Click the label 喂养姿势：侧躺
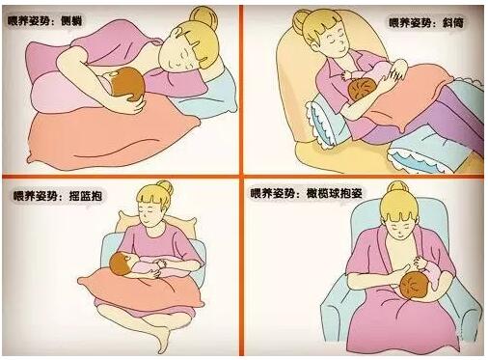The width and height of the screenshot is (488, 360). pyautogui.click(x=44, y=21)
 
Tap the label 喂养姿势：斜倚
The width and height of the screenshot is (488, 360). pyautogui.click(x=426, y=23)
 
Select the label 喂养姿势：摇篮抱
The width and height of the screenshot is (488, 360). pyautogui.click(x=58, y=196)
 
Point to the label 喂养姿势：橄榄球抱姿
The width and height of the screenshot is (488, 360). pyautogui.click(x=307, y=193)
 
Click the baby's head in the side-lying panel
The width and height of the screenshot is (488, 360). pyautogui.click(x=127, y=84)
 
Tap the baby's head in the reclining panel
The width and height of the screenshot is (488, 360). pyautogui.click(x=362, y=91)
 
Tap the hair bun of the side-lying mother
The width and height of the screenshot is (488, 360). pyautogui.click(x=203, y=17)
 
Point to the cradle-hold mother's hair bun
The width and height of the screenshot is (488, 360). pyautogui.click(x=165, y=188)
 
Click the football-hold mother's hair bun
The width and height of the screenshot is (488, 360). pyautogui.click(x=396, y=188)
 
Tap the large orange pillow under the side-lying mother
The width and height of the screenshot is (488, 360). pyautogui.click(x=113, y=135)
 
